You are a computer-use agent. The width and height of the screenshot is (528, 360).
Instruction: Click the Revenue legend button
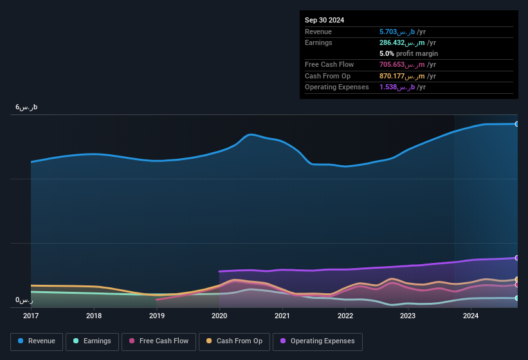pos(37,341)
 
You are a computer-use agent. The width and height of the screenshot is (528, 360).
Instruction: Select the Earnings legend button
pos(92,341)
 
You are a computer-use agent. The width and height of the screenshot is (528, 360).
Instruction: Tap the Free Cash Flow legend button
pos(159,341)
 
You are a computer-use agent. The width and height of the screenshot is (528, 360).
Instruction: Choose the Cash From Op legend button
pos(233,341)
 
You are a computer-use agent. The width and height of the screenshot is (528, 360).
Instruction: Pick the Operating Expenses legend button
pos(317,341)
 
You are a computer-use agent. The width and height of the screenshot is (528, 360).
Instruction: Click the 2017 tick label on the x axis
pos(31,316)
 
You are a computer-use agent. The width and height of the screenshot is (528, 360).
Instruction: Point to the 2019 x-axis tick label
pos(156,316)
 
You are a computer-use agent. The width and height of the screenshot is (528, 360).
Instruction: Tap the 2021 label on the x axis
pos(282,316)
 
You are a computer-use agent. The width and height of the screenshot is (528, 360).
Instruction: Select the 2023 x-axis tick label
pos(407,316)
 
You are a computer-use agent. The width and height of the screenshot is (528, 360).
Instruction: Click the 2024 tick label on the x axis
pos(470,316)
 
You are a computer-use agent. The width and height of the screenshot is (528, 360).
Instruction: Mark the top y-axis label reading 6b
pos(26,107)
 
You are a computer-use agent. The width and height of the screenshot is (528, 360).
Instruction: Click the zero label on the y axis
pos(24,300)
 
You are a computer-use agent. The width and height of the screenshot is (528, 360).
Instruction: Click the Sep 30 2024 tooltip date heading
pos(324,20)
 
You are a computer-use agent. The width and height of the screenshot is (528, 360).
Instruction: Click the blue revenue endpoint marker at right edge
pos(516,124)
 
